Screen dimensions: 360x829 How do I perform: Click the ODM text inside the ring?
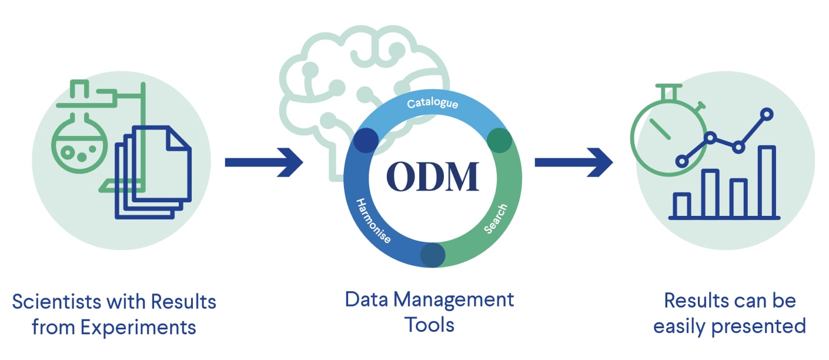[x=432, y=176]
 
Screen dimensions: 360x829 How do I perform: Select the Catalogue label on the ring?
[x=433, y=105]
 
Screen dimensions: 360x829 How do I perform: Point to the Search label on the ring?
[x=495, y=219]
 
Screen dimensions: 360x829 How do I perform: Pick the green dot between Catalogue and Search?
[x=499, y=141]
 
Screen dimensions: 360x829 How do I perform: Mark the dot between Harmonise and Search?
[x=432, y=254]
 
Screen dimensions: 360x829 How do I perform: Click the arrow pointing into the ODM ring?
[x=264, y=162]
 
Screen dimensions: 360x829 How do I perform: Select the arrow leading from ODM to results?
[x=573, y=162]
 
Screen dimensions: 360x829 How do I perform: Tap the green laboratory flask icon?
[x=76, y=144]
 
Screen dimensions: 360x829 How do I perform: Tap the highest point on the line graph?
[x=766, y=114]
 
